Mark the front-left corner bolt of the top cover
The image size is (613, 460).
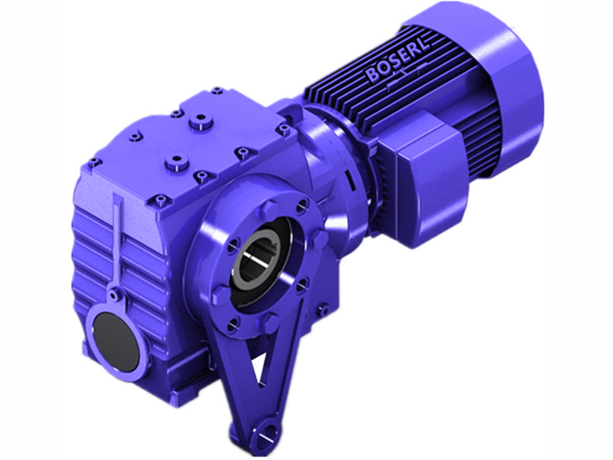click(94, 163)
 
